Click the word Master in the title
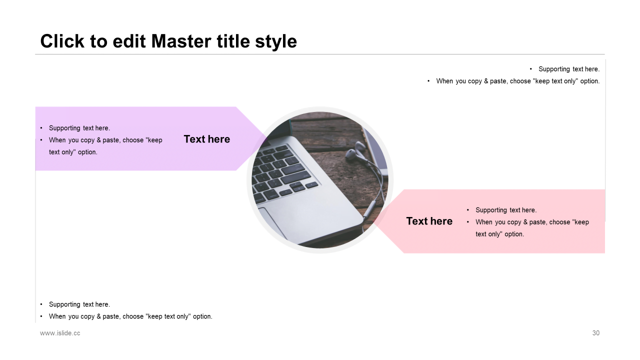(181, 41)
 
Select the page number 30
(595, 333)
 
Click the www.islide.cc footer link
(60, 333)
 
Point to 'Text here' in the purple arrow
(207, 139)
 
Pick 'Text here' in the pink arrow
(429, 221)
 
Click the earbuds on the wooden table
(355, 152)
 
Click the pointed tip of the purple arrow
(267, 138)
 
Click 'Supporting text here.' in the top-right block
(569, 69)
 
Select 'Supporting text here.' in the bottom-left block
(79, 304)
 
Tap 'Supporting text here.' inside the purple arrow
(79, 128)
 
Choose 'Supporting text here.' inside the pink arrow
(506, 210)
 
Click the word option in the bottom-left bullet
(202, 316)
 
